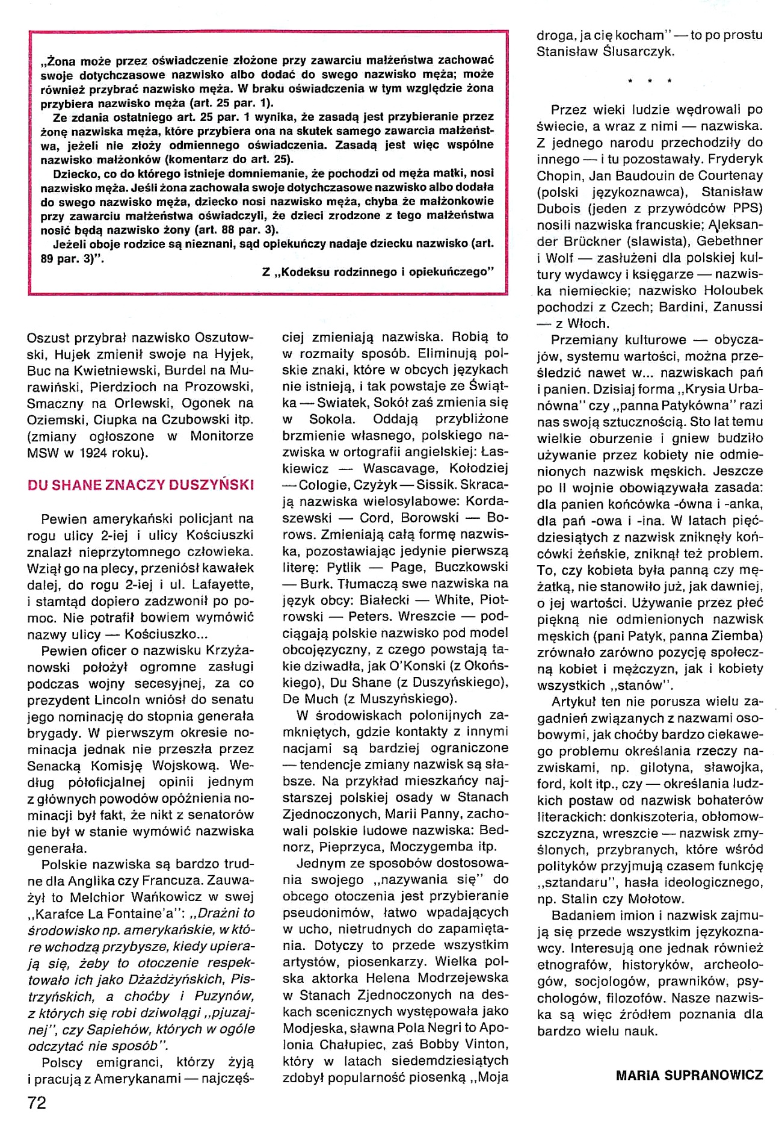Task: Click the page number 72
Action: pos(37,1103)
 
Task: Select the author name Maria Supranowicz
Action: pos(689,1075)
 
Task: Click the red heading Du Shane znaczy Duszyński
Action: pos(141,485)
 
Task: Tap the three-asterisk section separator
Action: pos(650,81)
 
